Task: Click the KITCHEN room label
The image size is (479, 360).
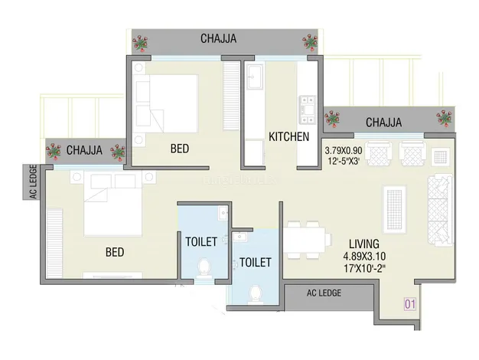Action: [x=288, y=136]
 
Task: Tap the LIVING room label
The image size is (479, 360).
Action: [x=364, y=244]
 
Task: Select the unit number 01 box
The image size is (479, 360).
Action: [x=410, y=304]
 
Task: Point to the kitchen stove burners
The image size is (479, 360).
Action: [x=307, y=110]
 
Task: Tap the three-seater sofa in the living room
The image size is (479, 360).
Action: [x=439, y=210]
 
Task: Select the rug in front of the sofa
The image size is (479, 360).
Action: [x=394, y=210]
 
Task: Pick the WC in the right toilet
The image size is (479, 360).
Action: [x=255, y=294]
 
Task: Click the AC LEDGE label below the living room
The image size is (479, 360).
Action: [x=324, y=293]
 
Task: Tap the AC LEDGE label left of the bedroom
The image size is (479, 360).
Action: [x=34, y=182]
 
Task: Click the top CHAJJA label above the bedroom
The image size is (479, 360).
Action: [x=218, y=38]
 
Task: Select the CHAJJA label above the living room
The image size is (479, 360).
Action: [x=383, y=123]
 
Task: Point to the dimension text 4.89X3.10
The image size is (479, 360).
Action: [x=364, y=256]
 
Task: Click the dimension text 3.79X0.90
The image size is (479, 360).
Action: [x=344, y=150]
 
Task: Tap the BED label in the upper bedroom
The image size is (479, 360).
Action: [x=180, y=149]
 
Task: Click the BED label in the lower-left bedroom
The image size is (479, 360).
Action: [x=115, y=252]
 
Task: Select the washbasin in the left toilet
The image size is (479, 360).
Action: [x=223, y=213]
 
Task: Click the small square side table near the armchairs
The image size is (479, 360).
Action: [x=440, y=157]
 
